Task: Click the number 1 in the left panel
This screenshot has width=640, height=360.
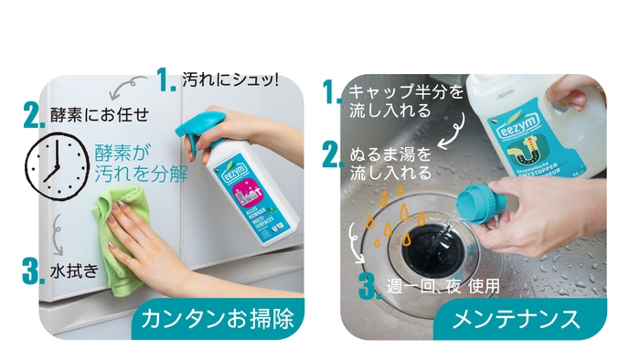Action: (165, 81)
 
